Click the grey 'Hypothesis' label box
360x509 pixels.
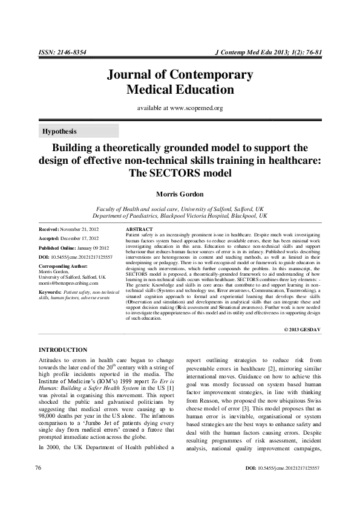pyautogui.click(x=79, y=131)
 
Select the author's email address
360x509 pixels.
pyautogui.click(x=68, y=282)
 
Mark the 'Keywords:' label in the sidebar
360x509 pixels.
pyautogui.click(x=50, y=291)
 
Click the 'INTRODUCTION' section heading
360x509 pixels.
pyautogui.click(x=63, y=350)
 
